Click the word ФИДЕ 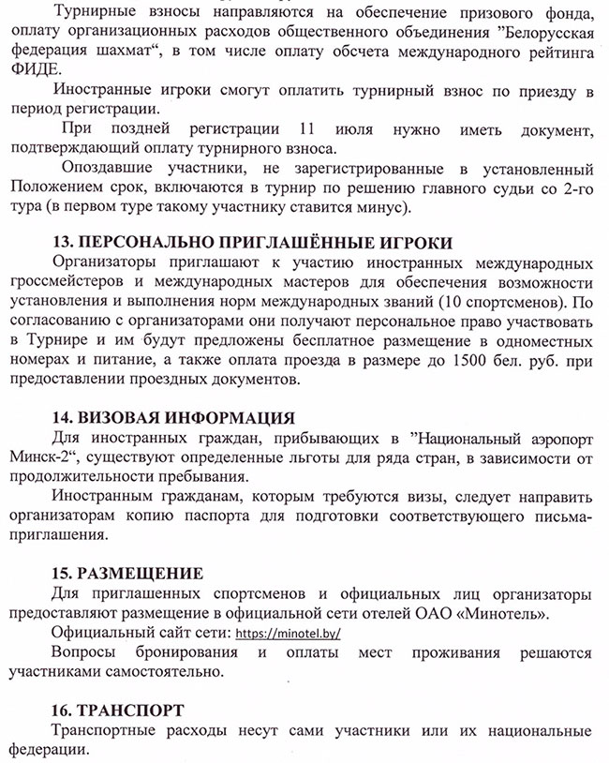point(37,71)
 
